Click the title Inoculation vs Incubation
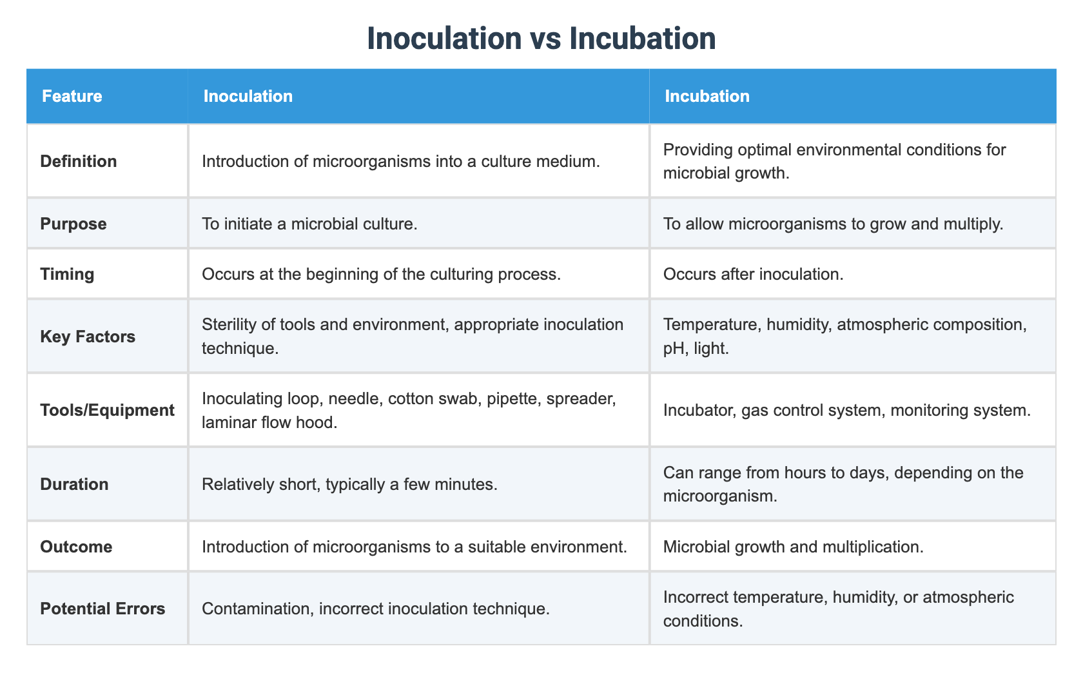point(541,38)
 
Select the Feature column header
point(72,96)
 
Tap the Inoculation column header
point(248,96)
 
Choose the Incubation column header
point(707,96)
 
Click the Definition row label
point(79,161)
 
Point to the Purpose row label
point(73,224)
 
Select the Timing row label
point(67,274)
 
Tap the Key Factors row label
point(88,336)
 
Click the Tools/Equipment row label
point(107,410)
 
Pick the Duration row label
point(75,484)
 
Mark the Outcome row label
point(76,547)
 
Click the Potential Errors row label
point(102,609)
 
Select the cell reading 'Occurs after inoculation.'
point(753,274)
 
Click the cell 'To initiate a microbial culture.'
point(309,224)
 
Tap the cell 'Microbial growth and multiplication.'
point(794,547)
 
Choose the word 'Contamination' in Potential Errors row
point(258,609)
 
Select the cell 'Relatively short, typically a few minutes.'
point(349,484)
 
